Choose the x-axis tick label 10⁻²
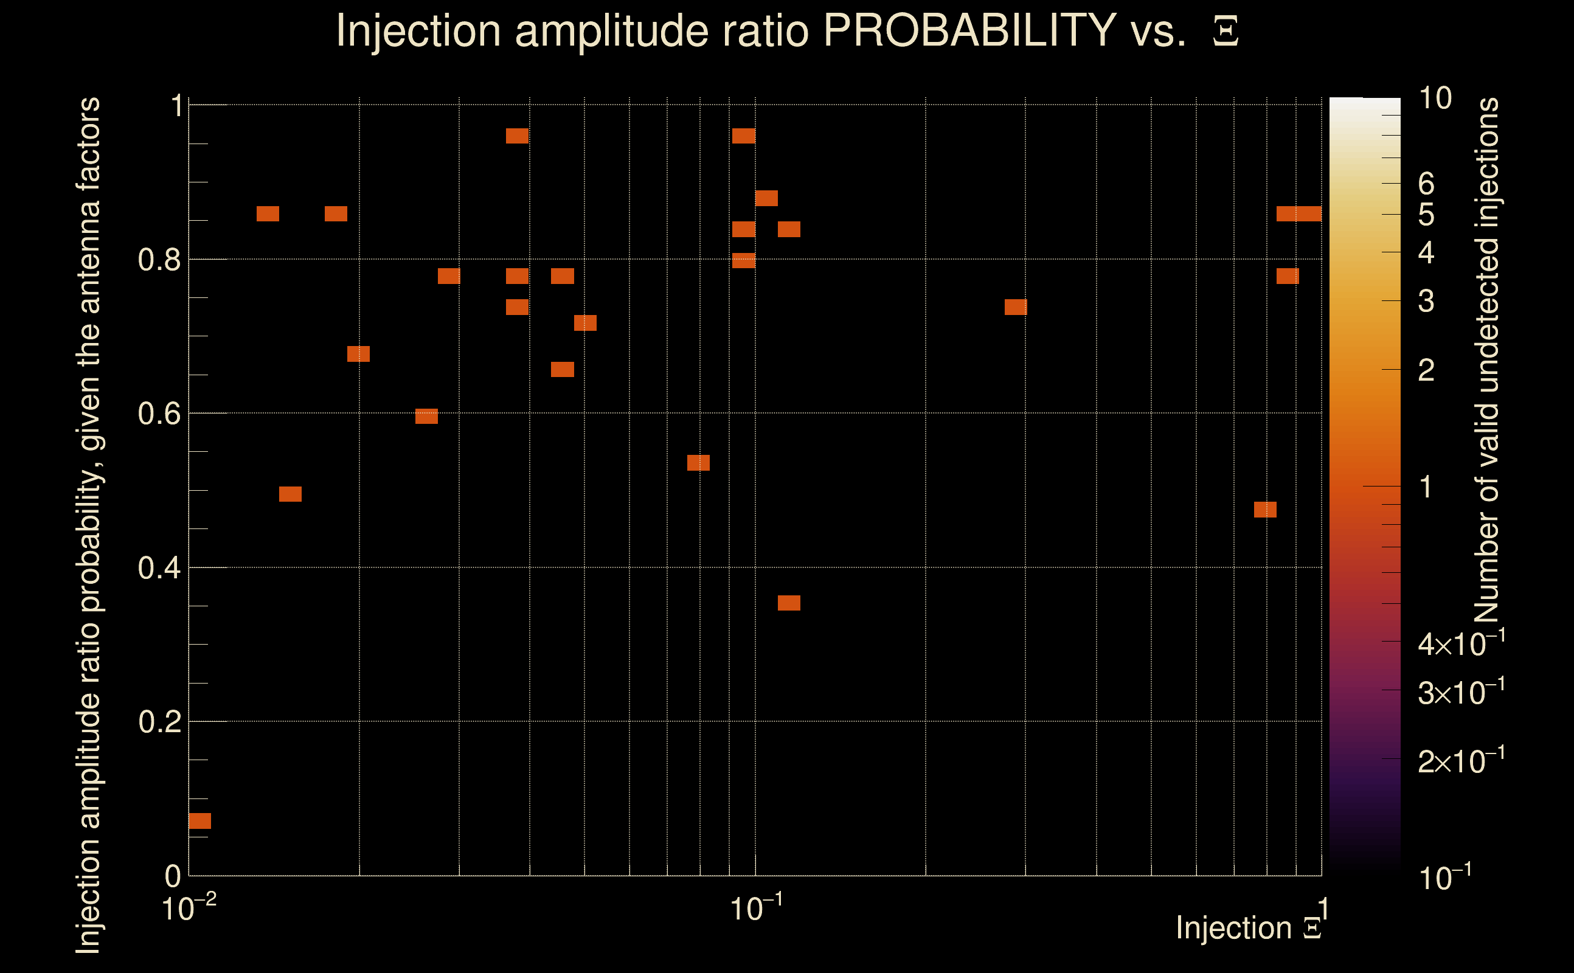click(189, 908)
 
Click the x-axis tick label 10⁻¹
click(756, 908)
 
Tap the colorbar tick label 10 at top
click(1435, 99)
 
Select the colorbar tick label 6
click(1426, 184)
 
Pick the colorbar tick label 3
click(1426, 301)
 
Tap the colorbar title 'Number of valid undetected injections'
click(1486, 361)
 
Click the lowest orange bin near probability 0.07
click(199, 820)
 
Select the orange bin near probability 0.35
click(789, 603)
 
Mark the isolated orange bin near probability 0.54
click(698, 463)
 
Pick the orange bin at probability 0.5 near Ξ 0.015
click(290, 494)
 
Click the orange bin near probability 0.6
click(426, 417)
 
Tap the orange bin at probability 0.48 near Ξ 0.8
click(1265, 510)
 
